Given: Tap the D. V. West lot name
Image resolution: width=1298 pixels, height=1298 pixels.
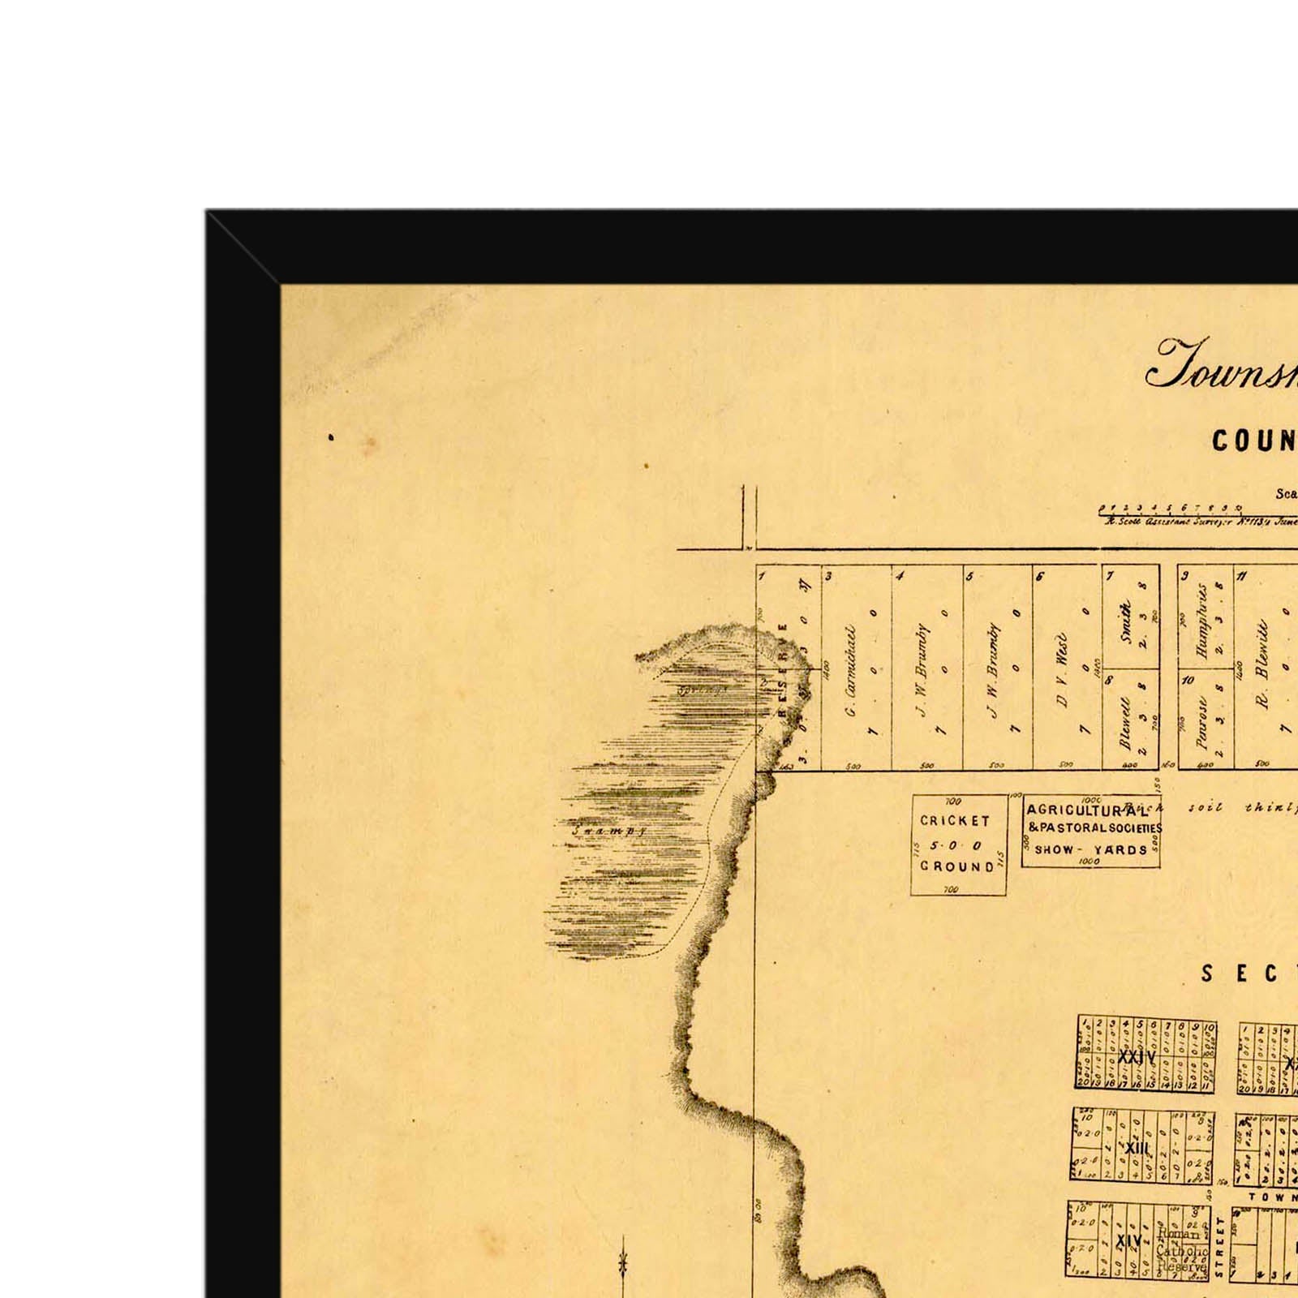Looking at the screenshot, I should point(1062,670).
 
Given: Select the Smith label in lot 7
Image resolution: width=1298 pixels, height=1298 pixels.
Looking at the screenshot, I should point(1124,621).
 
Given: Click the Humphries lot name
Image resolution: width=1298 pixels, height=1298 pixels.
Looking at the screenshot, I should point(1202,621).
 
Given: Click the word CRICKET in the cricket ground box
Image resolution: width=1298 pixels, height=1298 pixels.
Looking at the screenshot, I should point(955,821).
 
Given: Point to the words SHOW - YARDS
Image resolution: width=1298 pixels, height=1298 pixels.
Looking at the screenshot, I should point(1091,850).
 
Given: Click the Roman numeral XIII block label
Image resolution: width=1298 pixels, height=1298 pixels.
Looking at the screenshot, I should point(1138,1148).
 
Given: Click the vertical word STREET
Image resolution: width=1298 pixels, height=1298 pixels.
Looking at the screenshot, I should point(1219,1253).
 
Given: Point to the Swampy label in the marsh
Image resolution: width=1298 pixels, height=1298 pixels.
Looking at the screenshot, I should point(604,831).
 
